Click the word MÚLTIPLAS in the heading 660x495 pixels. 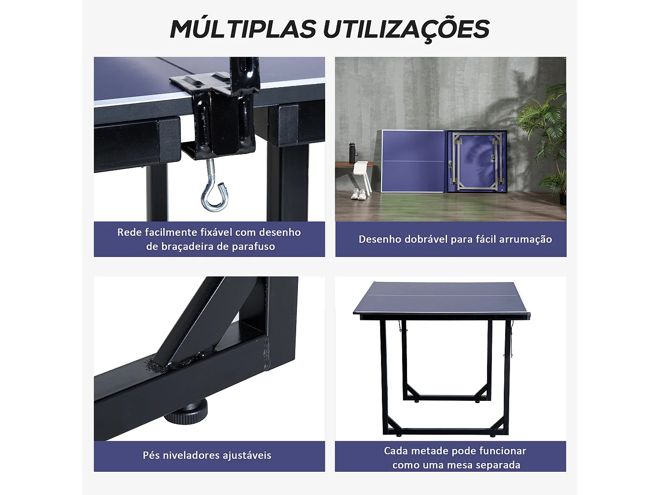tap(243, 29)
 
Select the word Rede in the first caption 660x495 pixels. tap(127, 232)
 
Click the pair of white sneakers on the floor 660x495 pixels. tap(359, 194)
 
